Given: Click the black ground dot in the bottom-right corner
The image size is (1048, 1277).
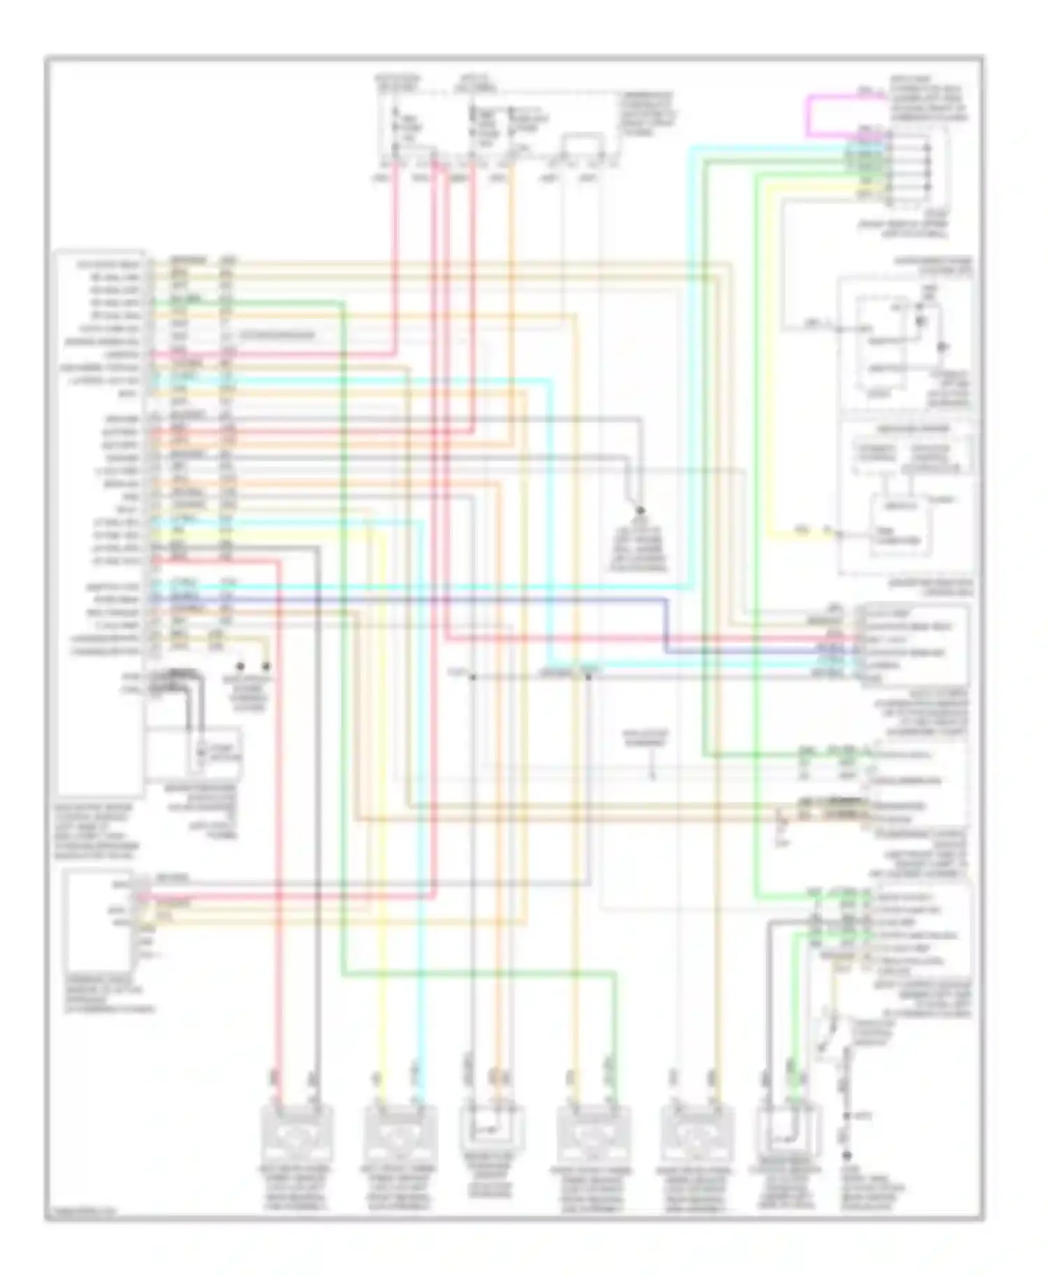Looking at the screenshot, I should click(847, 1155).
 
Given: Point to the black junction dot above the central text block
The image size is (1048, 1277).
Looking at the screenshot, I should click(639, 511).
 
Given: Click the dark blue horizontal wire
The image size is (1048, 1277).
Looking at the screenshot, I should click(419, 599).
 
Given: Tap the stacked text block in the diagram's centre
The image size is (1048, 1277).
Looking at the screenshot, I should click(639, 545).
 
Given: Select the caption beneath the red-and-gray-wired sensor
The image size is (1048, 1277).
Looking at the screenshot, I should click(296, 1188).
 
